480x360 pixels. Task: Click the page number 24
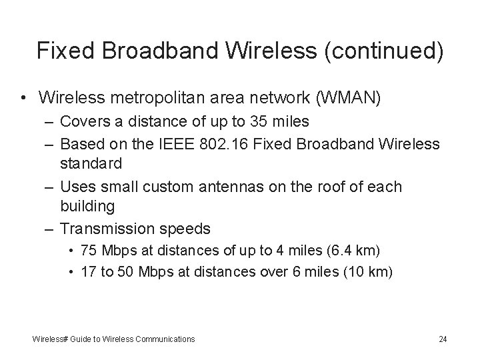[x=443, y=339]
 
